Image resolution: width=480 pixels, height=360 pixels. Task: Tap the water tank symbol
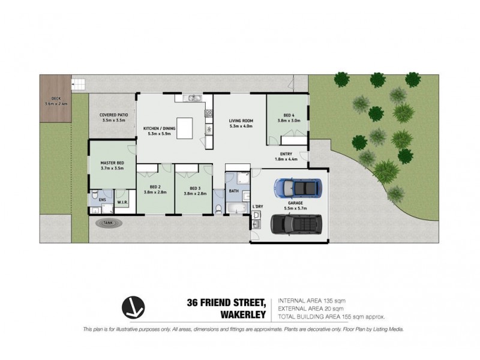click(108, 223)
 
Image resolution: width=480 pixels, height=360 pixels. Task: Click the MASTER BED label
click(112, 163)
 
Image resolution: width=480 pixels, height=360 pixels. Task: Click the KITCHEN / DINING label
click(159, 128)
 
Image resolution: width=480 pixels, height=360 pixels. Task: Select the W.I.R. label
click(122, 203)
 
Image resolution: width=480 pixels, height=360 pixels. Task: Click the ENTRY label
click(286, 154)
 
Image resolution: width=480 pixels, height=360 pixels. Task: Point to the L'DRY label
click(257, 206)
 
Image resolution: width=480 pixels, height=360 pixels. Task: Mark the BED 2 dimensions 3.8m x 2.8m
click(155, 193)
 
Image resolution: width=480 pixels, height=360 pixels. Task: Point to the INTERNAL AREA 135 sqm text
click(311, 300)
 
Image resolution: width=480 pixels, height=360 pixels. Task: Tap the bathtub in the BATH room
click(236, 208)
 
